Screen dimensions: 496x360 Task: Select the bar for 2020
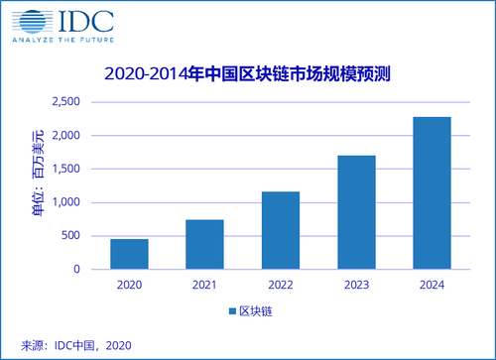[129, 254]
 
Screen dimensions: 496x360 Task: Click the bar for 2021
[204, 244]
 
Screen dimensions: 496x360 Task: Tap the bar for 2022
[281, 230]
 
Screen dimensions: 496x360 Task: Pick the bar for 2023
[356, 212]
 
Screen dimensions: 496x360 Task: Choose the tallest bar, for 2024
[432, 193]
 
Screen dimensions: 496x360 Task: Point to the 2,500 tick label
[66, 101]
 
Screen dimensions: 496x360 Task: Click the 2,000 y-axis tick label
[66, 135]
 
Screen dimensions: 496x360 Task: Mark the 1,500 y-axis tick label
[66, 169]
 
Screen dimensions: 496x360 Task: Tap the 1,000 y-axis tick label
[66, 202]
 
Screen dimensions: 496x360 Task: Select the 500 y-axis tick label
[70, 235]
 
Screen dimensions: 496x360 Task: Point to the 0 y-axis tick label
[76, 269]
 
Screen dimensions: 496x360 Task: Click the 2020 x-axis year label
[129, 285]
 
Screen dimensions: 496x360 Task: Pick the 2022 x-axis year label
[281, 285]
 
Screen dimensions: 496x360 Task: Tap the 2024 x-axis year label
[432, 285]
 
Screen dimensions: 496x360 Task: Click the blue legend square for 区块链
[232, 311]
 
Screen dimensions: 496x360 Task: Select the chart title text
[248, 73]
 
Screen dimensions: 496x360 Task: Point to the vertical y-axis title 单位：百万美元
[38, 174]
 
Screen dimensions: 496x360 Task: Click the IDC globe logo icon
[32, 22]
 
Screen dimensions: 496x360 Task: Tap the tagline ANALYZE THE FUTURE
[63, 40]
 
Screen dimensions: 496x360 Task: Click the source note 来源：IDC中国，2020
[76, 345]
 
